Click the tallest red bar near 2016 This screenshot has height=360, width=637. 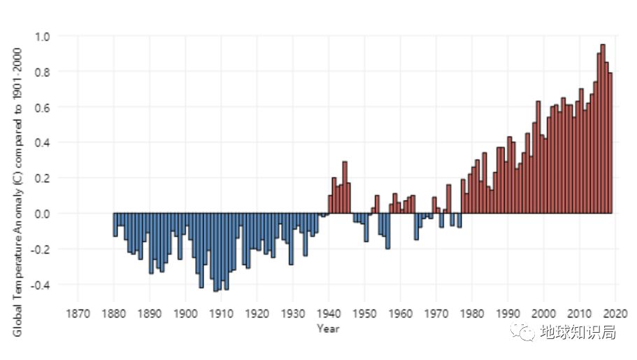click(603, 129)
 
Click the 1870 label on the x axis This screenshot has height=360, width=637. click(78, 312)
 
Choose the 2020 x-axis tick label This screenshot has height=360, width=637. click(615, 312)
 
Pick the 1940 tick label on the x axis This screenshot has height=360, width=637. click(329, 312)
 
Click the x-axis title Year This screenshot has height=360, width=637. click(328, 328)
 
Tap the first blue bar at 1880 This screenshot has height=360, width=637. click(115, 224)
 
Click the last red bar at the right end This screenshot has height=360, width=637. click(610, 143)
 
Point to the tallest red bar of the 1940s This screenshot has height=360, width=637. click(345, 187)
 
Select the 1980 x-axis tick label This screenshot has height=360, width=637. click(472, 312)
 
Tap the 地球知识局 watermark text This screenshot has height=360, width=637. click(578, 333)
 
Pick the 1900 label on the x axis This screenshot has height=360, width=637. click(185, 312)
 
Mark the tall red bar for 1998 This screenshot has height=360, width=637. click(538, 157)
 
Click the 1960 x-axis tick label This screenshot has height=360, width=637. click(400, 312)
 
